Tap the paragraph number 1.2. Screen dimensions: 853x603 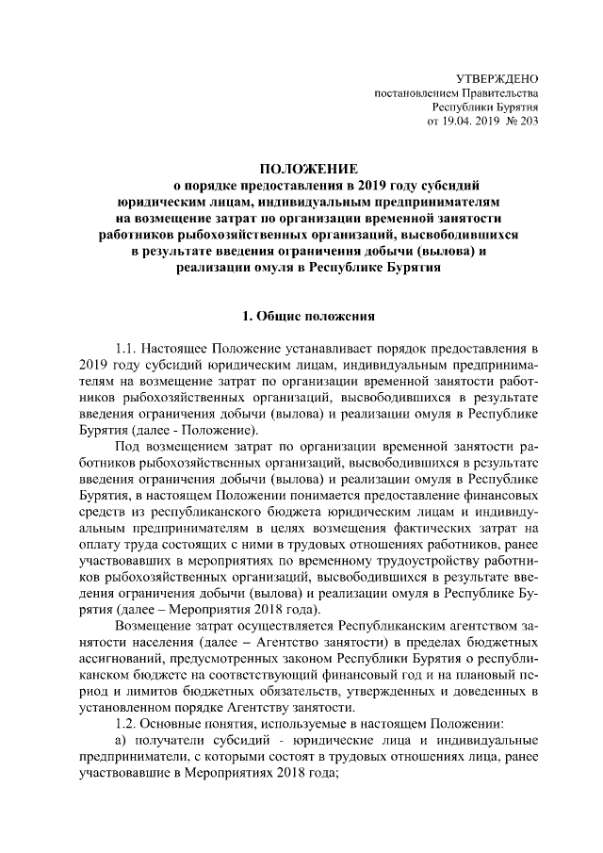[127, 723]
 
